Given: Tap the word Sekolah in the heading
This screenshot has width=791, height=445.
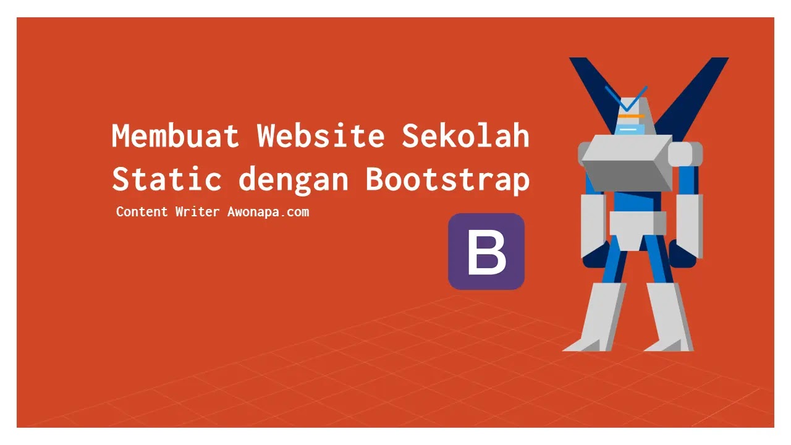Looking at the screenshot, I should pyautogui.click(x=466, y=136).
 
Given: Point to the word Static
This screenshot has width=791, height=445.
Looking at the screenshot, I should pyautogui.click(x=167, y=179).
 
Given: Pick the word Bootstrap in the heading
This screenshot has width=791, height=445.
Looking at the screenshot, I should pyautogui.click(x=447, y=179).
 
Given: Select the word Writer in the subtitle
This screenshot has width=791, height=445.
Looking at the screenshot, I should pyautogui.click(x=197, y=212).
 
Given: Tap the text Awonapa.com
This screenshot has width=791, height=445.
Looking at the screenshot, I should pyautogui.click(x=268, y=212).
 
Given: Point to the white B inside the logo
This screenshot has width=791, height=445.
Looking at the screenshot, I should pyautogui.click(x=486, y=252).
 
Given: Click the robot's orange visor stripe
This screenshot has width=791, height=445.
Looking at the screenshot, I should pyautogui.click(x=631, y=116).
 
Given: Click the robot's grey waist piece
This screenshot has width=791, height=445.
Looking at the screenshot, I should pyautogui.click(x=637, y=229).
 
